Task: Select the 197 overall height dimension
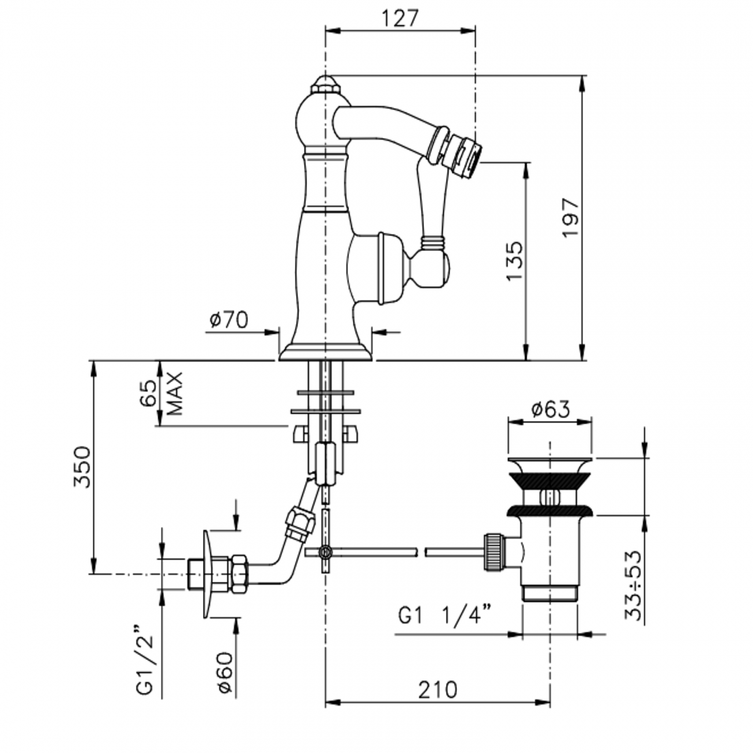571,217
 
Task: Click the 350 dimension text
82,467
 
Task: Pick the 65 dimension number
148,394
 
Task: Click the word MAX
174,394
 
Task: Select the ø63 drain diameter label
550,410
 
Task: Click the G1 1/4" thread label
445,616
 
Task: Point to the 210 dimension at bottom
437,689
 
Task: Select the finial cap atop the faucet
325,85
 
